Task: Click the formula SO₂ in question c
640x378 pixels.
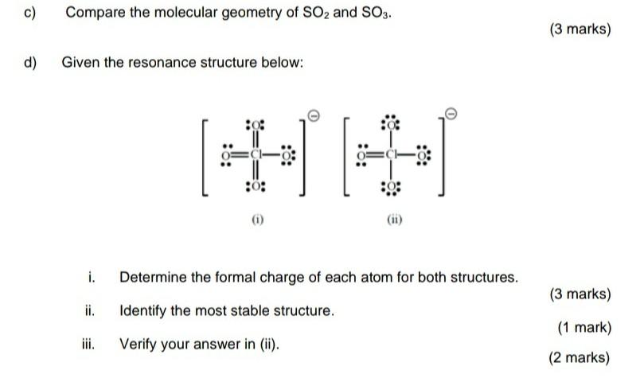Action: pos(314,14)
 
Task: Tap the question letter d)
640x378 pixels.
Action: pos(32,61)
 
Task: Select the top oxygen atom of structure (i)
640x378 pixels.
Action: pos(257,125)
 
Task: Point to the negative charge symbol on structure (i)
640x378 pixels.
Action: pos(314,117)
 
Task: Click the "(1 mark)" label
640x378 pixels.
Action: pos(583,327)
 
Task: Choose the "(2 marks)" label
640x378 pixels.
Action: pos(580,358)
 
